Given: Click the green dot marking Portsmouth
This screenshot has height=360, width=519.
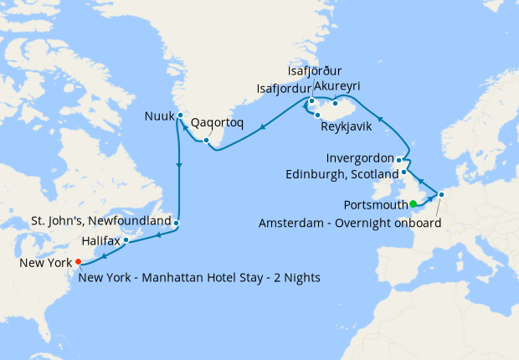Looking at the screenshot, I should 413,203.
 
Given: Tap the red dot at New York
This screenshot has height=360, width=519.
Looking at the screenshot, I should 78,261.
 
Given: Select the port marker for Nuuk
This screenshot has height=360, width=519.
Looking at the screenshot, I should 181,116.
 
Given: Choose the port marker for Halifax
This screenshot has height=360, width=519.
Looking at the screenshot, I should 126,240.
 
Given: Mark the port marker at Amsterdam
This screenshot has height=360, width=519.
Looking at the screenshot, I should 442,195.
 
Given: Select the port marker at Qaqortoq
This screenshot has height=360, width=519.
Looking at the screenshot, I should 206,139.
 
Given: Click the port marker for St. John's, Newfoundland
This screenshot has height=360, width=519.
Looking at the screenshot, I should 177,223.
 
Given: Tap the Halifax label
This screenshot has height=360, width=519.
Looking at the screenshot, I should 101,240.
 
